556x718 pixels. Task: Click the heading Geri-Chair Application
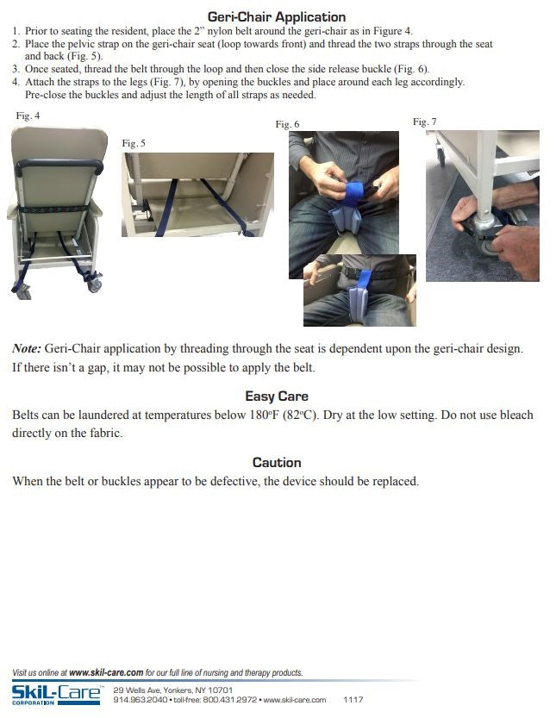point(277,16)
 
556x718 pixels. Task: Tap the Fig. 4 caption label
point(28,116)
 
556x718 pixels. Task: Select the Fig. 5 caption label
point(134,143)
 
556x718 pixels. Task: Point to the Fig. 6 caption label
point(287,125)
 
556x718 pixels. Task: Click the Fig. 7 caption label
point(424,122)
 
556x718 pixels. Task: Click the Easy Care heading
point(277,396)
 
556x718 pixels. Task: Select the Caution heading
point(277,463)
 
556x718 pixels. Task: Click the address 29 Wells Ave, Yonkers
point(172,690)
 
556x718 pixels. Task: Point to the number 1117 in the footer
point(353,700)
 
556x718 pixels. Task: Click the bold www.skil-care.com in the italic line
point(105,672)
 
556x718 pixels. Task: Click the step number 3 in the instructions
point(16,69)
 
